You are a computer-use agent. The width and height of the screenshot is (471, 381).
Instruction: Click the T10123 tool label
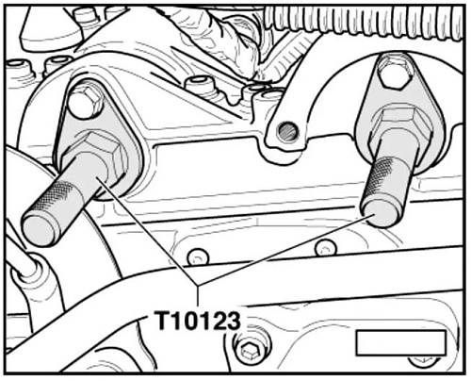point(199,321)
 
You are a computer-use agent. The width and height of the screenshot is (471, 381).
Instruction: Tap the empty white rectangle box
point(401,342)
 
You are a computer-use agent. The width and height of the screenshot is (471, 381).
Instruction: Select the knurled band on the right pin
point(379,179)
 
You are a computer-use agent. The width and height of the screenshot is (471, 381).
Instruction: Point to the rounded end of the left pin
point(38,230)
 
